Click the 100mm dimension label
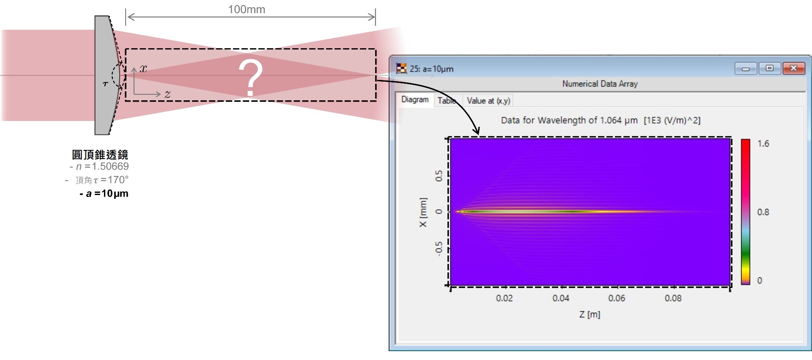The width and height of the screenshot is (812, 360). click(247, 9)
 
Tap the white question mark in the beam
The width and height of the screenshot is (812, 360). click(250, 77)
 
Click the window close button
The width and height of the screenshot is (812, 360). click(793, 68)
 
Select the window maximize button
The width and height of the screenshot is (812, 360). click(770, 68)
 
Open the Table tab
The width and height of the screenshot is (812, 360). click(447, 101)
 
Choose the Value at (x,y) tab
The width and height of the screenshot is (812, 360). click(488, 101)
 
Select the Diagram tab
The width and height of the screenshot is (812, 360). click(415, 99)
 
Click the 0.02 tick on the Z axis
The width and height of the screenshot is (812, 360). click(504, 298)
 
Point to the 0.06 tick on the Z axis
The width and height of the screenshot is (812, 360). click(617, 298)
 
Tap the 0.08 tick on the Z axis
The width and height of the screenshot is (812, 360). click(673, 298)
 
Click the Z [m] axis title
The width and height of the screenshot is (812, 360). click(590, 314)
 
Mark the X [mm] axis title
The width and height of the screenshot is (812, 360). click(423, 212)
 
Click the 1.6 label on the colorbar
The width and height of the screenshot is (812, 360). click(763, 144)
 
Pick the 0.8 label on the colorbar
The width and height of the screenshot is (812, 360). click(763, 212)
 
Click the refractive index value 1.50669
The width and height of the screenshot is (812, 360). click(110, 166)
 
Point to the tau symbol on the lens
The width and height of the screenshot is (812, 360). click(105, 84)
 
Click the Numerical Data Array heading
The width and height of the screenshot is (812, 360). click(600, 84)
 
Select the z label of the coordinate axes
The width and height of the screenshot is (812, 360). click(167, 94)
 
